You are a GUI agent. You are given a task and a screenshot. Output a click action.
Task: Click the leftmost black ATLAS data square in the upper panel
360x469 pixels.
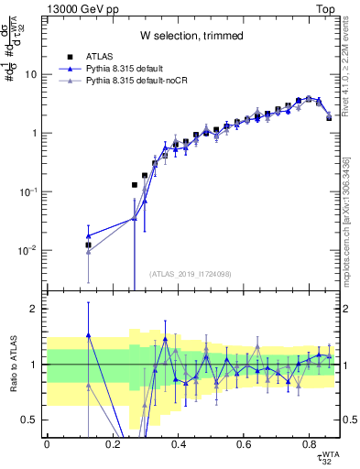tap(88, 245)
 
